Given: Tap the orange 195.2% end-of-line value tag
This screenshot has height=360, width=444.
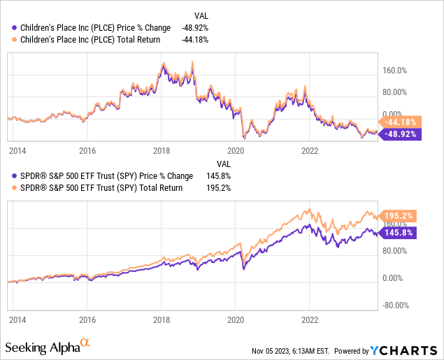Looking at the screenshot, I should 399,216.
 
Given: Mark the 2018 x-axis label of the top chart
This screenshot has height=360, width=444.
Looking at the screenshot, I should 162,150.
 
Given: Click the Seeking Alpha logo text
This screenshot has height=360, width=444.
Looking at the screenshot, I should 42,347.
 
